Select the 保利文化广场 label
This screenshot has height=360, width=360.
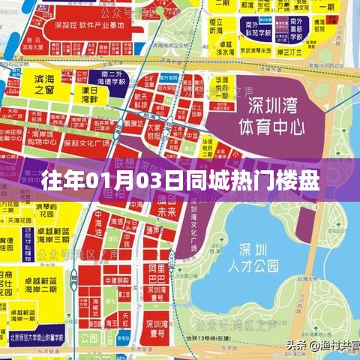pyautogui.click(x=97, y=142)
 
